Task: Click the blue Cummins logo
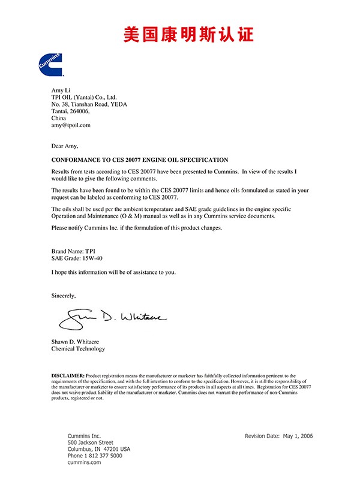[x=51, y=64]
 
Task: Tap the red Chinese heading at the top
[x=188, y=34]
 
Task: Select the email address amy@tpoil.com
[x=71, y=125]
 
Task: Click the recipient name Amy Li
[x=62, y=89]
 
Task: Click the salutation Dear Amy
[x=65, y=146]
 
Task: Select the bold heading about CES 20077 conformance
[x=140, y=160]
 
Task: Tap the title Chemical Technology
[x=78, y=349]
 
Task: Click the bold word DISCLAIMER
[x=68, y=375]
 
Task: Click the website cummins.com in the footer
[x=84, y=462]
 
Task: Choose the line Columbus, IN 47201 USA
[x=99, y=449]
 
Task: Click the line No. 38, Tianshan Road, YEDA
[x=89, y=104]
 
